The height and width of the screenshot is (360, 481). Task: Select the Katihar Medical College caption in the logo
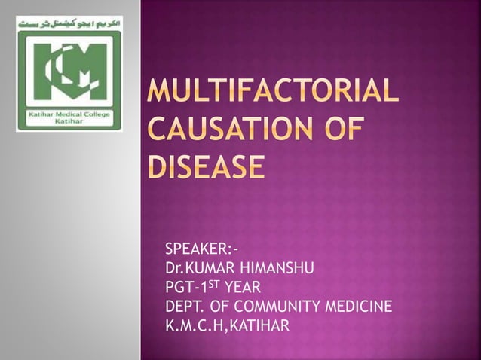point(69,116)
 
